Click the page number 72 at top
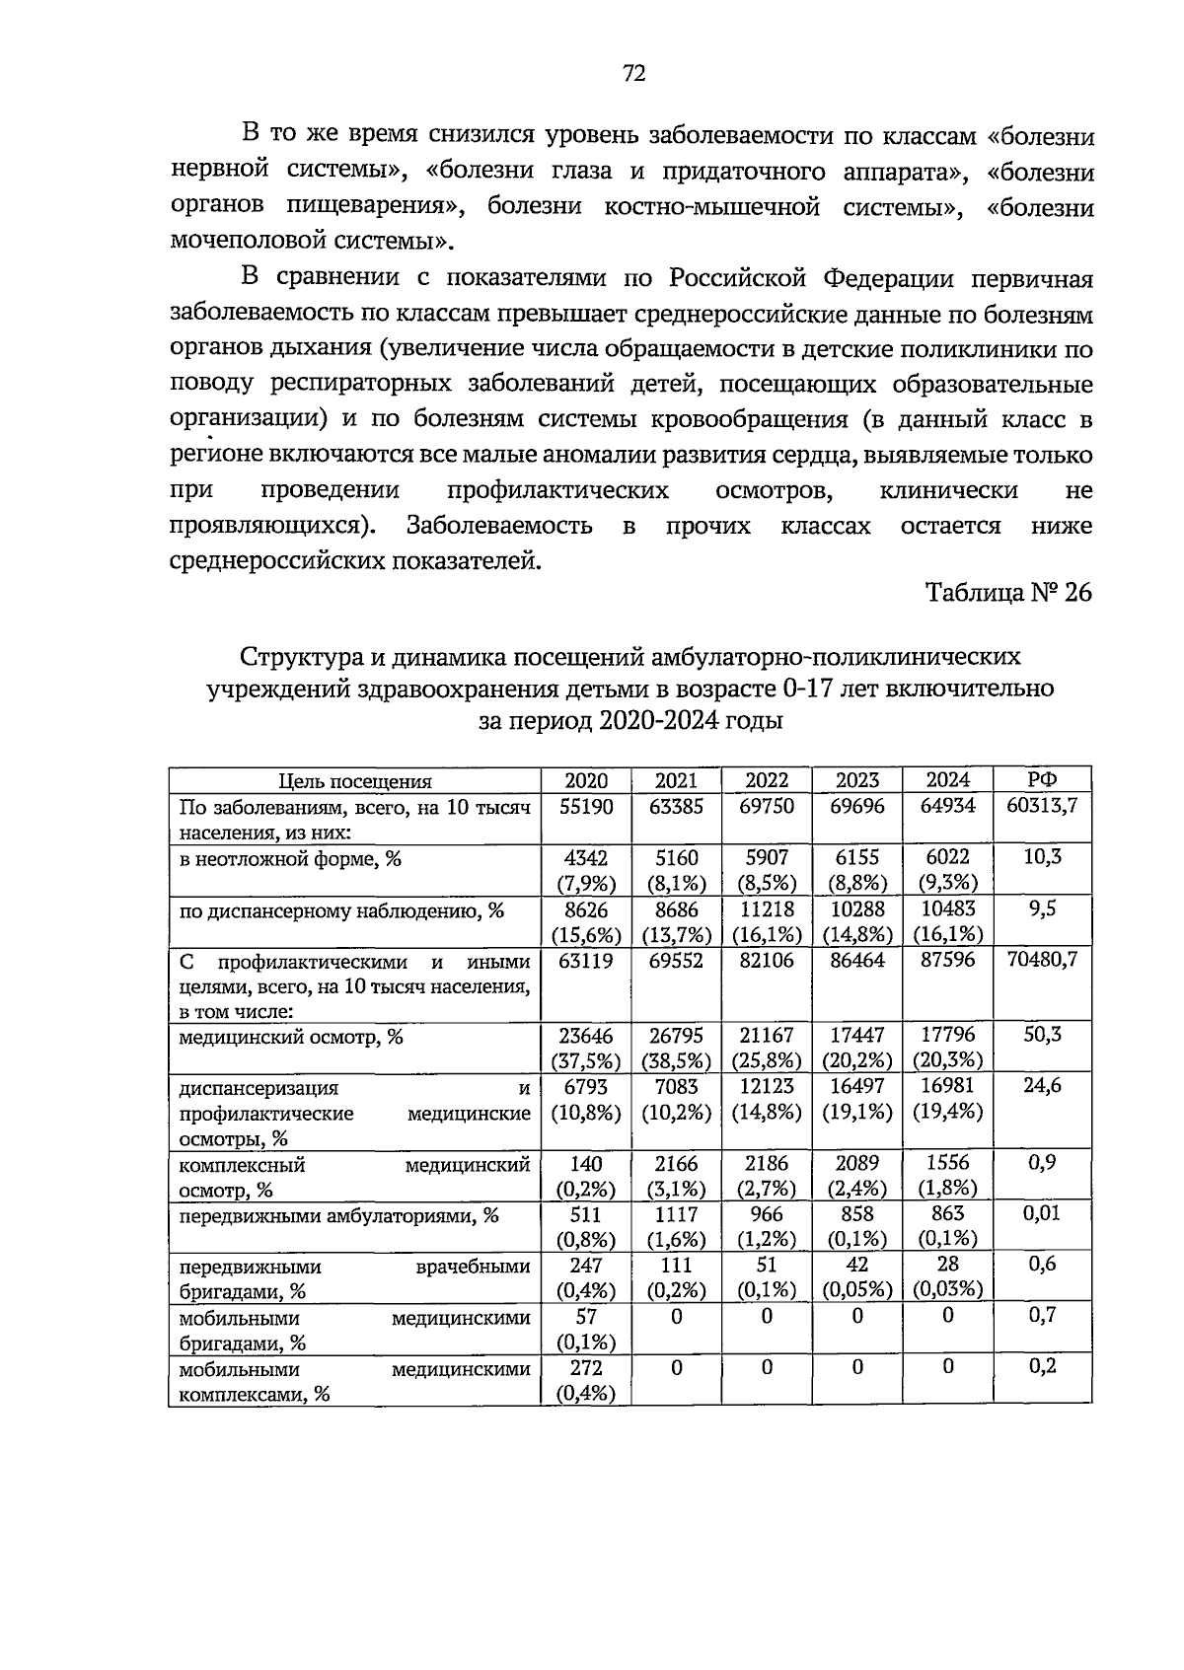pyautogui.click(x=633, y=74)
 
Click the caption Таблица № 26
pyautogui.click(x=1007, y=593)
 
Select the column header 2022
pyautogui.click(x=767, y=780)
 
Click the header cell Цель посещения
pyautogui.click(x=355, y=782)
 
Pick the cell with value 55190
pyautogui.click(x=586, y=807)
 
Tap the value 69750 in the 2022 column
pyautogui.click(x=767, y=807)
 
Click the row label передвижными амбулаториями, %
pyautogui.click(x=339, y=1216)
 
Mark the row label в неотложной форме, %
pyautogui.click(x=291, y=859)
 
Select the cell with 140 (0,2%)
pyautogui.click(x=586, y=1176)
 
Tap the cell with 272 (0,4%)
pyautogui.click(x=586, y=1380)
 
